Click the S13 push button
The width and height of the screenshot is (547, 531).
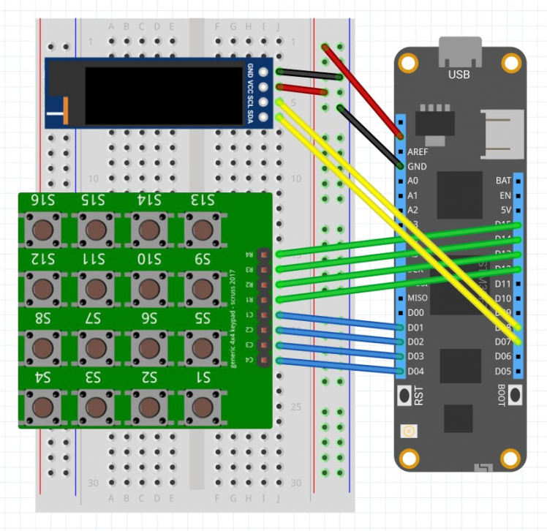pyautogui.click(x=200, y=230)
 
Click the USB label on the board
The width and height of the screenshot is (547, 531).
pyautogui.click(x=459, y=75)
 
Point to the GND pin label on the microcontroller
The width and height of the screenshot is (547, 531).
pyautogui.click(x=417, y=166)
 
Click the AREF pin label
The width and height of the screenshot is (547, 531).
pyautogui.click(x=418, y=152)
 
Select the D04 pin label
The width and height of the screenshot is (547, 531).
pyautogui.click(x=416, y=371)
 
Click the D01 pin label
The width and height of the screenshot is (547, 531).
pyautogui.click(x=416, y=327)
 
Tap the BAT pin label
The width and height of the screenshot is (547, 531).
pyautogui.click(x=503, y=180)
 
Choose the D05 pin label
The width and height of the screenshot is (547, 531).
pyautogui.click(x=503, y=371)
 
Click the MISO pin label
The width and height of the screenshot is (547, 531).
pyautogui.click(x=418, y=298)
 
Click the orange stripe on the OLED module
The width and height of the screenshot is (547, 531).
pyautogui.click(x=66, y=110)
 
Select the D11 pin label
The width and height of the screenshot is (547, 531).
pyautogui.click(x=503, y=283)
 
